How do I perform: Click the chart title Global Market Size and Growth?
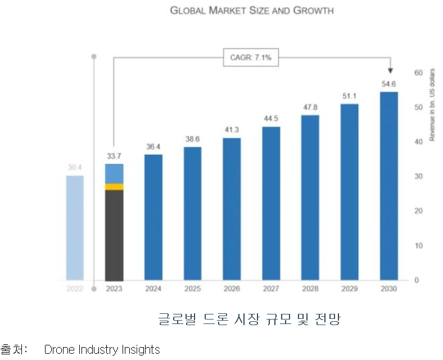(251, 11)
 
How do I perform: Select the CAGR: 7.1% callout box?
(251, 57)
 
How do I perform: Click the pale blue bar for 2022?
(75, 227)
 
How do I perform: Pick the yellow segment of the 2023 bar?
(114, 187)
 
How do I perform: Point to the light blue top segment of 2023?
(114, 174)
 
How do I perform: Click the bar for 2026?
(232, 209)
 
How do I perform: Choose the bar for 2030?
(388, 186)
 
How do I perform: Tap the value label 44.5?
(271, 118)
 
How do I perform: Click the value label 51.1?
(350, 96)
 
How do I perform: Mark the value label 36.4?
(153, 146)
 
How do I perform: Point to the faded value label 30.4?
(75, 167)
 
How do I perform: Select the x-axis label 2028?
(310, 289)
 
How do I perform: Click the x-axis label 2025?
(192, 289)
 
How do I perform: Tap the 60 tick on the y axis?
(418, 73)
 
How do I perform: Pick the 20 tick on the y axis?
(418, 211)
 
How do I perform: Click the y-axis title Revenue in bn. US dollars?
(432, 105)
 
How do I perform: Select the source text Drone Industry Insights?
(102, 350)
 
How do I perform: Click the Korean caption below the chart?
(250, 319)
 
